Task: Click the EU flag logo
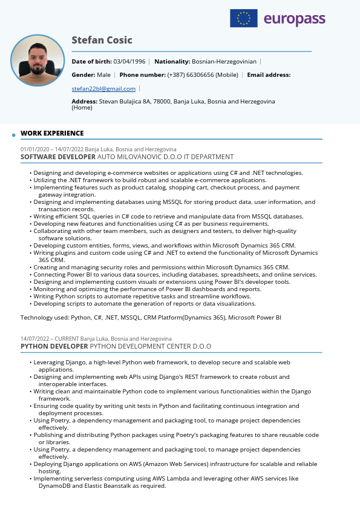tap(243, 19)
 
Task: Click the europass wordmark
tap(295, 19)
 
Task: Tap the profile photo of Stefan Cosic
tap(38, 61)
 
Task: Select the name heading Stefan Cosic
tap(102, 41)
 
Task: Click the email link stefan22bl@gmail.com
tap(103, 89)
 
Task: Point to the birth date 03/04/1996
tap(129, 62)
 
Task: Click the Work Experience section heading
tap(52, 133)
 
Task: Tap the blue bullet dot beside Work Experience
tap(13, 135)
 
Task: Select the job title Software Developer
tap(58, 157)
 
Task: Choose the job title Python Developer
tap(54, 347)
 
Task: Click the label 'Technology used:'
tap(45, 317)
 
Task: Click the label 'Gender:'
tap(83, 75)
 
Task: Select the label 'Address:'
tap(85, 102)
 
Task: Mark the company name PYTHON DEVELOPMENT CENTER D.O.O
tap(151, 347)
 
